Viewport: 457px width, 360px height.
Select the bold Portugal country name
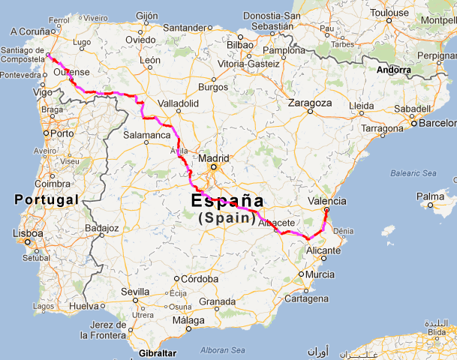click(x=46, y=199)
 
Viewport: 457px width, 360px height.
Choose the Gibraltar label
click(x=157, y=352)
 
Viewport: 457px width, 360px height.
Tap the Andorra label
click(x=395, y=70)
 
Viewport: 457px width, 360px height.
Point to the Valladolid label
click(x=178, y=103)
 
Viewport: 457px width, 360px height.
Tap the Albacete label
click(x=280, y=223)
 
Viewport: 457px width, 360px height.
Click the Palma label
click(x=431, y=196)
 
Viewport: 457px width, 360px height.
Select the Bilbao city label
click(x=241, y=44)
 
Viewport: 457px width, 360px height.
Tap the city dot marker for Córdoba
click(x=176, y=280)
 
